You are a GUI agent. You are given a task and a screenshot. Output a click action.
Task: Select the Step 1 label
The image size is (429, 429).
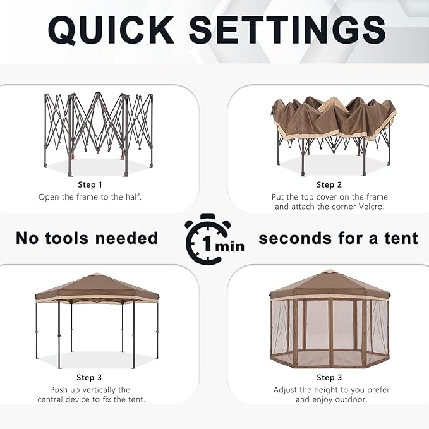click(90, 184)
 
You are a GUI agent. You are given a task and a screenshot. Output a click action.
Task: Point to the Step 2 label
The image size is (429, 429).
click(329, 184)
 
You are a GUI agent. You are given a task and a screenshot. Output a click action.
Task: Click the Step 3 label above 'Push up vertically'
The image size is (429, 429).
click(90, 378)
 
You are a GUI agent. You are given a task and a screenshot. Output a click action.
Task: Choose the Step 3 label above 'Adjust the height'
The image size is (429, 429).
click(329, 378)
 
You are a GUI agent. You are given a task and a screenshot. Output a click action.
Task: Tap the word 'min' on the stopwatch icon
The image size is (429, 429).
click(229, 246)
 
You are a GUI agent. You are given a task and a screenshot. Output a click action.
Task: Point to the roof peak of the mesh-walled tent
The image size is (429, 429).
click(329, 272)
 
